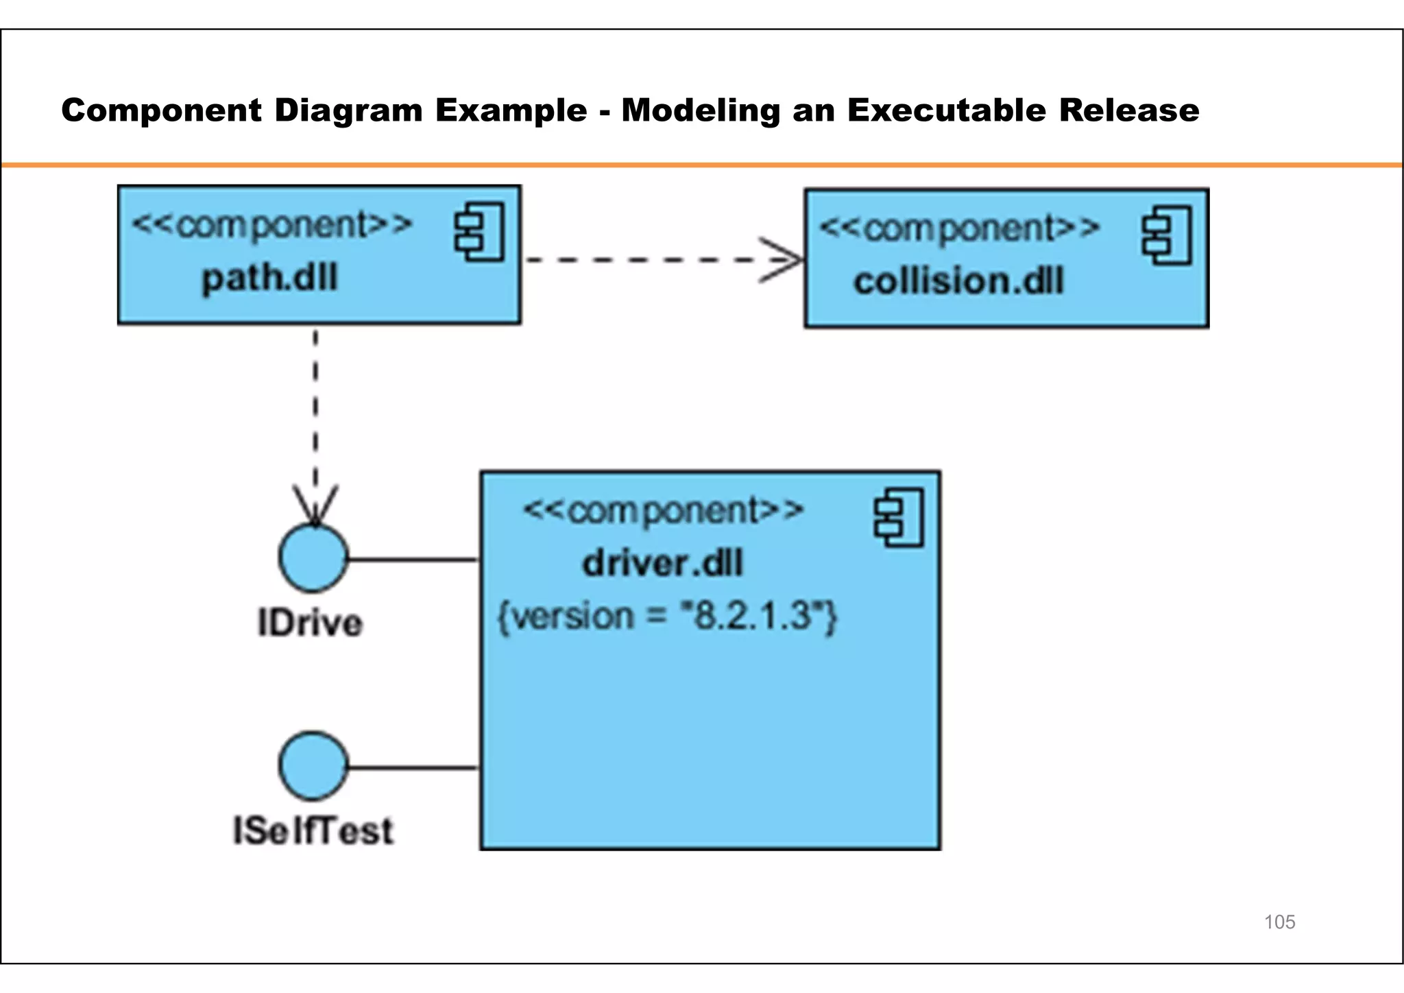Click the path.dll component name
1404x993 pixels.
click(x=269, y=278)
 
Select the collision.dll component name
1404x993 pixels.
click(x=958, y=282)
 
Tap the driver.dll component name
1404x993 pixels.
click(x=662, y=564)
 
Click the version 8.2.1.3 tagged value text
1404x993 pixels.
click(x=667, y=616)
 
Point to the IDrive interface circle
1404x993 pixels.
click(x=313, y=558)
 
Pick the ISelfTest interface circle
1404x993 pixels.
click(x=313, y=766)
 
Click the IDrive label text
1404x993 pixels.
click(x=310, y=623)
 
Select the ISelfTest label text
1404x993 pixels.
click(x=313, y=830)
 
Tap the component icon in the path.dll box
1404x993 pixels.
click(x=479, y=232)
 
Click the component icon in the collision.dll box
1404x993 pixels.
click(x=1167, y=235)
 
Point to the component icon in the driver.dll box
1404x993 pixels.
click(x=899, y=518)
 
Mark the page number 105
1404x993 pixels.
click(x=1279, y=922)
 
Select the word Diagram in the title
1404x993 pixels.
click(x=348, y=110)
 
